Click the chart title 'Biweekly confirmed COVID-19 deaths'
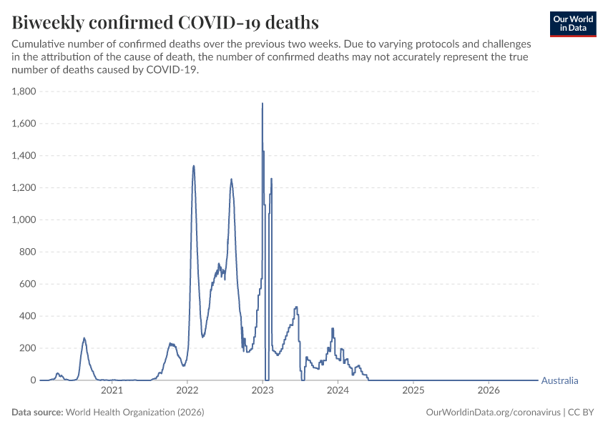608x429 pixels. pos(165,22)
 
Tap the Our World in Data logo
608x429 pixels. pos(573,24)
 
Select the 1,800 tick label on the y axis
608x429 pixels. pos(24,92)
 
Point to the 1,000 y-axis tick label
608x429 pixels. pos(24,220)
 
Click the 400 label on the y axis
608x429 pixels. pos(27,316)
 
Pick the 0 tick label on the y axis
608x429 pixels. pos(34,380)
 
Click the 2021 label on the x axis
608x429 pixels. pos(112,390)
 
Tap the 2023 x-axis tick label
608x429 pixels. pos(263,390)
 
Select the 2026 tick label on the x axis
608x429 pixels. pos(489,390)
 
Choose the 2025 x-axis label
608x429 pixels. pos(413,390)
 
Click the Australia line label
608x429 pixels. pos(559,380)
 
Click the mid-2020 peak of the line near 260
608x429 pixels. pos(84,338)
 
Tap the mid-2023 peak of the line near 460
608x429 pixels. pos(296,307)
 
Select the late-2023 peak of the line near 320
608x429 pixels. pos(333,329)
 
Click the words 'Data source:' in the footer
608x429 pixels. pos(37,412)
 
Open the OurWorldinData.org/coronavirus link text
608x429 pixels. pos(494,412)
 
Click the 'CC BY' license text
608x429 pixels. pos(581,412)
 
